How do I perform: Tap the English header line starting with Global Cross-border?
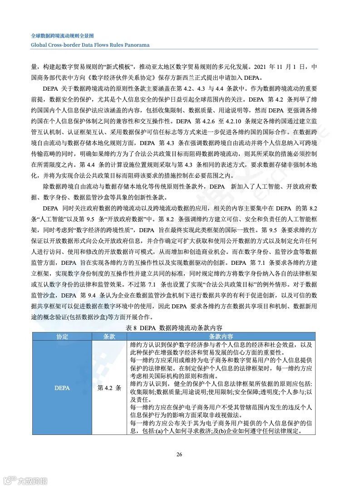(90, 45)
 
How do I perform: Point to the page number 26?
(179, 455)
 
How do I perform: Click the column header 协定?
(62, 337)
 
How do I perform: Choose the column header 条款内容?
(221, 337)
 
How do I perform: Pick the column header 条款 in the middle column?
(109, 337)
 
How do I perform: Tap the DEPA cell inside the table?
(62, 388)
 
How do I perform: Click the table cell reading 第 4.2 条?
(109, 388)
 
